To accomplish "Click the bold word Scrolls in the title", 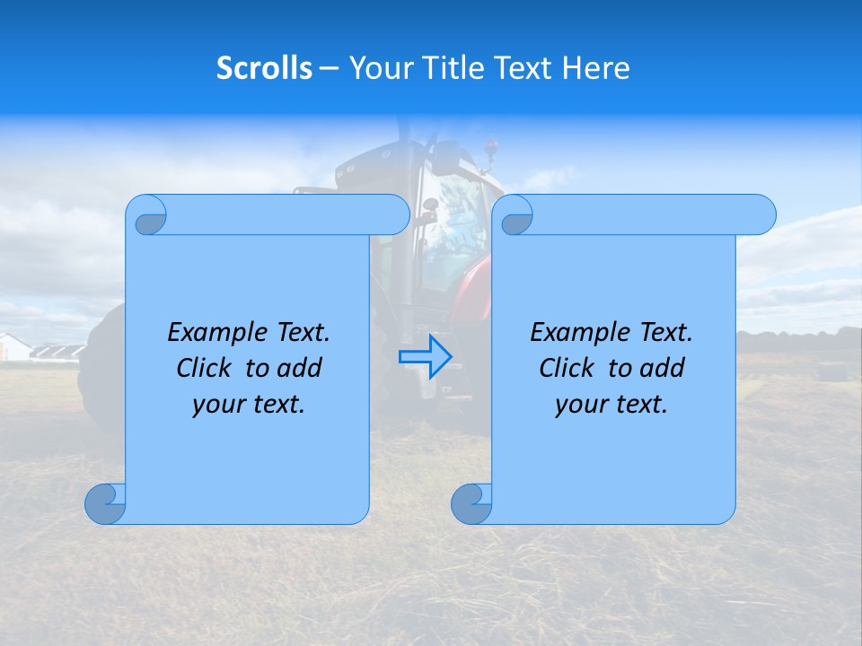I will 264,68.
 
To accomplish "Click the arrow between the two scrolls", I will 425,357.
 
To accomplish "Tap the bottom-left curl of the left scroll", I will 105,503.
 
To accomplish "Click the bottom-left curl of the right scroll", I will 471,503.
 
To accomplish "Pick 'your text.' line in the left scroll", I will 249,405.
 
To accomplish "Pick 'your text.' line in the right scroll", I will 611,405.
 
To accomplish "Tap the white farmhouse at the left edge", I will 13,346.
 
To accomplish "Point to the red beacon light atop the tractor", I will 490,144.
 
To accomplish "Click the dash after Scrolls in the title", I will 330,68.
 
